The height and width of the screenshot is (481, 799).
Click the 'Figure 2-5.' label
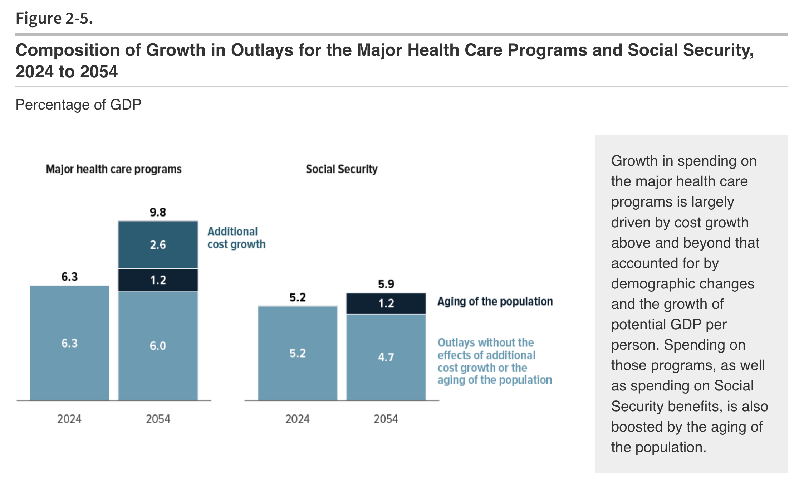coord(54,18)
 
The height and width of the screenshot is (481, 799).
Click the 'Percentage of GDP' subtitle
coord(78,105)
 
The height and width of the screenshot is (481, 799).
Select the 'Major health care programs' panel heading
coord(114,169)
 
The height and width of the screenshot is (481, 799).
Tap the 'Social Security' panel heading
coord(342,169)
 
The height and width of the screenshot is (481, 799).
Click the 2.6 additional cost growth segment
coord(158,245)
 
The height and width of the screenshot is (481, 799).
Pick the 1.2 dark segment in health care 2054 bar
coord(158,280)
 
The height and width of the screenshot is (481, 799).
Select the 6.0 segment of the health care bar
coord(158,346)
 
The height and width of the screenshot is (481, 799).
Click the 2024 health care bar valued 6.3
coord(69,343)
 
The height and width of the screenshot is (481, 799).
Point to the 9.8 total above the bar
coord(158,212)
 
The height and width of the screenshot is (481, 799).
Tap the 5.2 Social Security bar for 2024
coord(298,353)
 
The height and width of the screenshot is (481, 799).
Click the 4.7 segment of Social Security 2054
coord(386,357)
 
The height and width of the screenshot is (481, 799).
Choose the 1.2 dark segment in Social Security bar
coord(386,303)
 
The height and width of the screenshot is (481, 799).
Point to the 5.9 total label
coord(386,284)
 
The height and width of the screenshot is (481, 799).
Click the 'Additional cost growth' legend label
coord(236,238)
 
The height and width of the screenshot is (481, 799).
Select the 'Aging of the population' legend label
coord(495,302)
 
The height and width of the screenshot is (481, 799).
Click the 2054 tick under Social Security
coord(386,419)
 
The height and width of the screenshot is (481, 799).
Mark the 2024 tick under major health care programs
coord(69,419)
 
